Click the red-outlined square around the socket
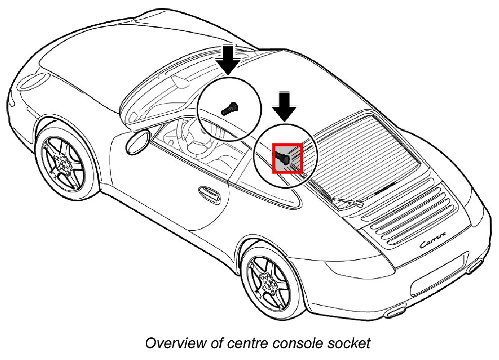pos(287,158)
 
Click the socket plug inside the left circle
pos(229,108)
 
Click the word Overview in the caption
pos(167,343)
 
